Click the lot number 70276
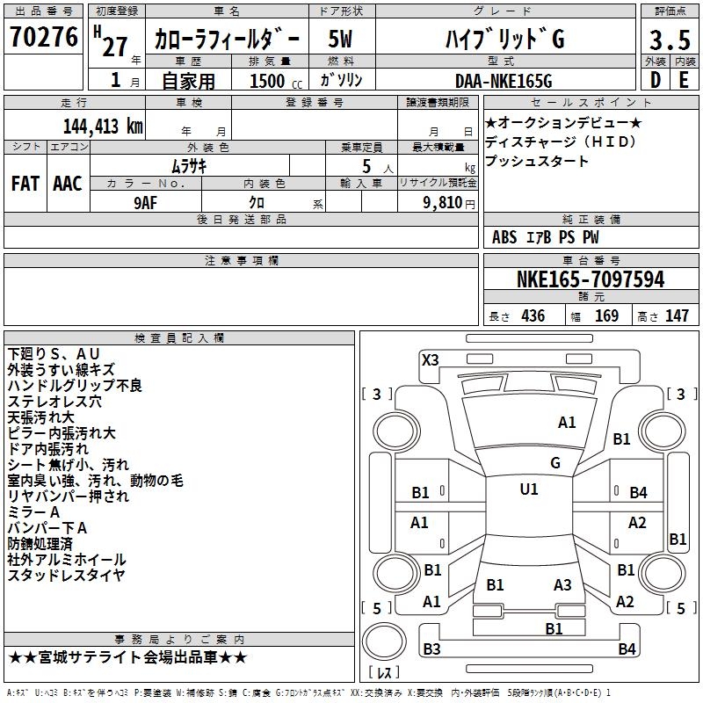(x=43, y=39)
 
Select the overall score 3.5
(x=669, y=40)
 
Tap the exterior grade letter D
(x=655, y=81)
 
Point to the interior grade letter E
(x=684, y=81)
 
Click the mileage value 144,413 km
(x=103, y=126)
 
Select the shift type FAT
(x=25, y=183)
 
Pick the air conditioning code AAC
(x=68, y=183)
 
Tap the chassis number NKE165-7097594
(x=590, y=279)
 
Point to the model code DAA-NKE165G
(x=504, y=81)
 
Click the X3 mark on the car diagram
(x=431, y=359)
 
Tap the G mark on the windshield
(x=555, y=462)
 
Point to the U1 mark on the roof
(x=529, y=489)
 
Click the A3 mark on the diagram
(x=562, y=584)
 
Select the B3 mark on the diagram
(x=431, y=649)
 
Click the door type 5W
(x=341, y=40)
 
